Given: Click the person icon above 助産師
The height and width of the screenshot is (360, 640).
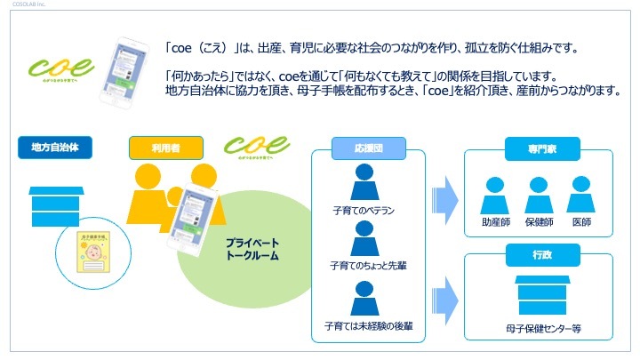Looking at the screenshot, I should [494, 195].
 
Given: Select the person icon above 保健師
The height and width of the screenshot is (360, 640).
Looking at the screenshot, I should [538, 195].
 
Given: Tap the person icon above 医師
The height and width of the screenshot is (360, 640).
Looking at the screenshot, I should [580, 195].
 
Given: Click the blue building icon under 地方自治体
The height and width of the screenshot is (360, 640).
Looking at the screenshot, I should [56, 207].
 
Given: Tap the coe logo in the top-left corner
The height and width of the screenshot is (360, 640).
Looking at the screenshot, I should [61, 67].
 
